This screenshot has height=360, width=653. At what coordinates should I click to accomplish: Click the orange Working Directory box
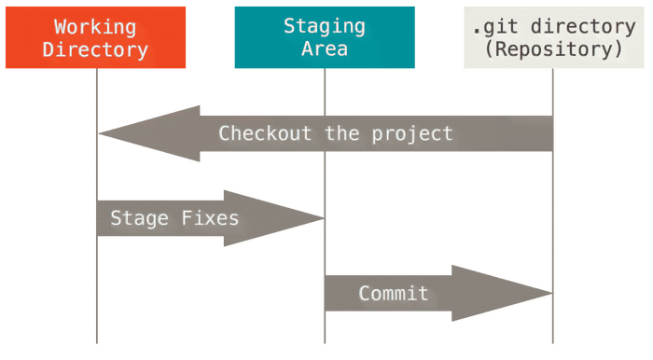click(96, 37)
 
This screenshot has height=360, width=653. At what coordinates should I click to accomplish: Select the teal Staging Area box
click(324, 37)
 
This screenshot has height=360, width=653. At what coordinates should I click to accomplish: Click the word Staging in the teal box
click(324, 26)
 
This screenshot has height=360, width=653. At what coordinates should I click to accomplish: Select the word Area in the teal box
click(324, 48)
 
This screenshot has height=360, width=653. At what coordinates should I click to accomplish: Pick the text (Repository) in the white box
click(554, 48)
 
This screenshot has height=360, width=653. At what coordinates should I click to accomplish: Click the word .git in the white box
click(495, 26)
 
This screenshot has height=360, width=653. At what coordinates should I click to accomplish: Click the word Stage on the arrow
click(139, 219)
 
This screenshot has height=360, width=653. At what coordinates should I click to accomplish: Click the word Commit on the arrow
click(394, 294)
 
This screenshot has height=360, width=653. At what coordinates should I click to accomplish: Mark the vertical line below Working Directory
click(96, 280)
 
